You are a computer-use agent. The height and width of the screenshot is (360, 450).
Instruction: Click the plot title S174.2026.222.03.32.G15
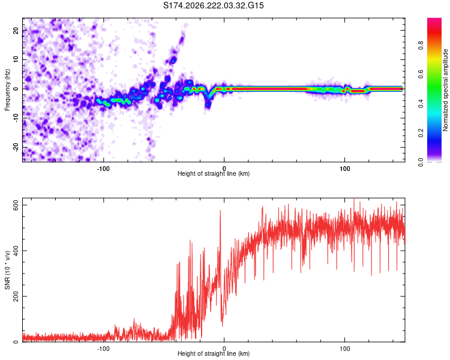pos(213,5)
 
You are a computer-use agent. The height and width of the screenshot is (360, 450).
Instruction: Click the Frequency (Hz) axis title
pos(7,90)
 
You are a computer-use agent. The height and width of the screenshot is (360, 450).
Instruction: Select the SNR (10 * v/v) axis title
pos(7,270)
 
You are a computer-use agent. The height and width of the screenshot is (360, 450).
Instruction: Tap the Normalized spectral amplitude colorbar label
pos(445,90)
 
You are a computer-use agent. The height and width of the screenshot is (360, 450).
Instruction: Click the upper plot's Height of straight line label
pos(214,173)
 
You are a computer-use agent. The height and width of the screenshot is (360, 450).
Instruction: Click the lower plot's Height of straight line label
pos(214,353)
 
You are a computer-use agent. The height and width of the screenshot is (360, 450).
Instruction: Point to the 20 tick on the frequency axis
pos(16,30)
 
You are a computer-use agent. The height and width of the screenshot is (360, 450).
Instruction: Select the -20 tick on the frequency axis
pos(16,148)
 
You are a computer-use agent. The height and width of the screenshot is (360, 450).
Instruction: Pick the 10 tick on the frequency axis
pos(16,59)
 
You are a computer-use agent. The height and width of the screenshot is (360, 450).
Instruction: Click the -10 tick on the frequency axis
pos(16,118)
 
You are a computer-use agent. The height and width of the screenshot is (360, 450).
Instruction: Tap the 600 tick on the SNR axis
pos(16,205)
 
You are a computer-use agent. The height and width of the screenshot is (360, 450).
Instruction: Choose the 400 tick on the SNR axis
pos(16,251)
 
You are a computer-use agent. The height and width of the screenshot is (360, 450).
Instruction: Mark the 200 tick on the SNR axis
pos(16,296)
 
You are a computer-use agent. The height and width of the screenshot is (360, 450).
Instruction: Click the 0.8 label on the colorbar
pos(421,46)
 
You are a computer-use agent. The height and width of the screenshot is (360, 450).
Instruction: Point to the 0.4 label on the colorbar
pos(421,104)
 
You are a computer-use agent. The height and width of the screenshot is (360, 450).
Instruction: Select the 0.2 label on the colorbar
pos(421,133)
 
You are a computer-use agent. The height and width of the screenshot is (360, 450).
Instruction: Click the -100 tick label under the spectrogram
pos(103,169)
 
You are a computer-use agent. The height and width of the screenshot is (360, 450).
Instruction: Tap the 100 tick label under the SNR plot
pos(344,349)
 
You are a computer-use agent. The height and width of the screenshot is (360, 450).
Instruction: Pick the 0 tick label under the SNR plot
pos(224,349)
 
